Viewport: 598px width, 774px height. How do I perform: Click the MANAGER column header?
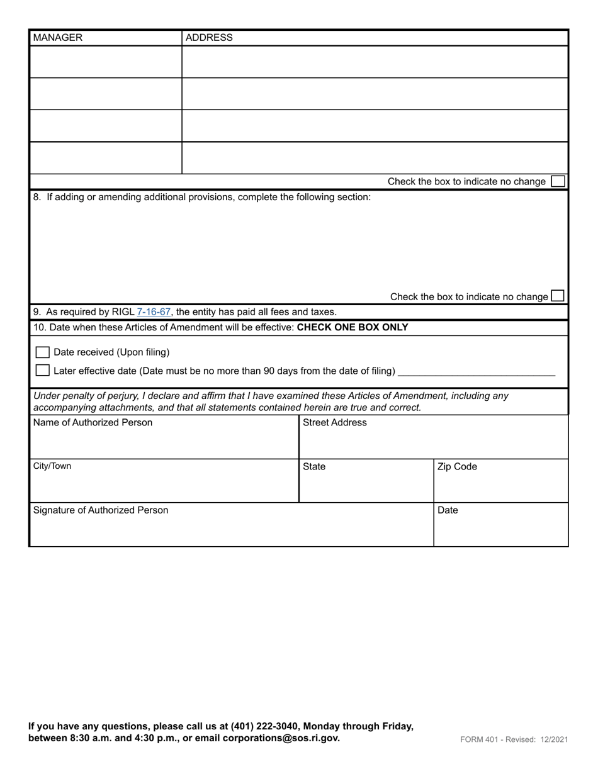click(58, 38)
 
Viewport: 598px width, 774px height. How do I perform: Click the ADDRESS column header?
click(209, 38)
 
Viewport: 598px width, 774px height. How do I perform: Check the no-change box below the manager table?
click(557, 181)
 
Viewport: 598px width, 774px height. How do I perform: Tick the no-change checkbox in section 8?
click(557, 296)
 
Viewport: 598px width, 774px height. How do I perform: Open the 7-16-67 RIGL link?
click(154, 312)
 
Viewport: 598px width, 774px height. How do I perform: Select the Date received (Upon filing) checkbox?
click(43, 352)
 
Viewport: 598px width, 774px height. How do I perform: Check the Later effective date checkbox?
click(43, 371)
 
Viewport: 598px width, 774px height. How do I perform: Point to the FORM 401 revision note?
click(514, 739)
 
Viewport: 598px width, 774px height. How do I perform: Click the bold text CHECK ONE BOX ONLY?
click(353, 328)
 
